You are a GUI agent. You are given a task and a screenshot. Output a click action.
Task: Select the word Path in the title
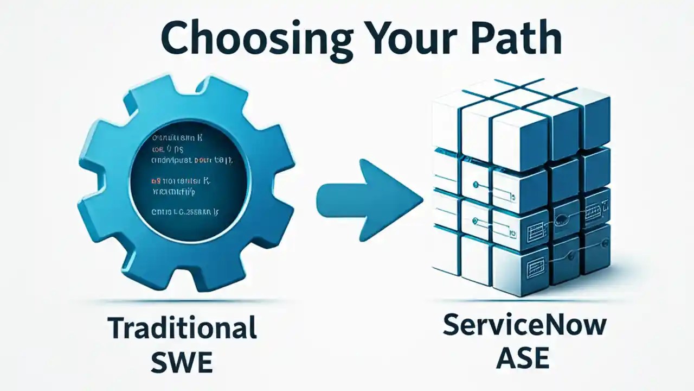pos(518,38)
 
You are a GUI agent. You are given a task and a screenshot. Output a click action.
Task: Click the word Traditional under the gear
pos(182,329)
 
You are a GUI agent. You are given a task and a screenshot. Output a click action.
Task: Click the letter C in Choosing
pos(176,39)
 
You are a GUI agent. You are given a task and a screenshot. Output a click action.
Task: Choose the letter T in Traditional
pos(116,329)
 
